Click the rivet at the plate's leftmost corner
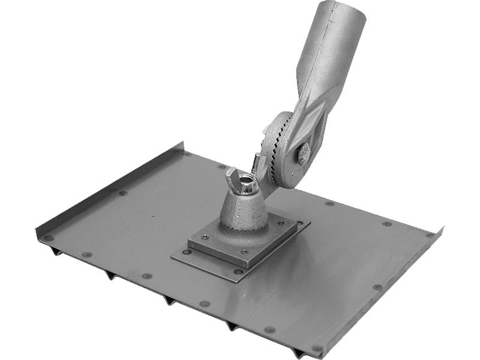coord(48,238)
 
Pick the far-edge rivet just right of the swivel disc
coord(329,204)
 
